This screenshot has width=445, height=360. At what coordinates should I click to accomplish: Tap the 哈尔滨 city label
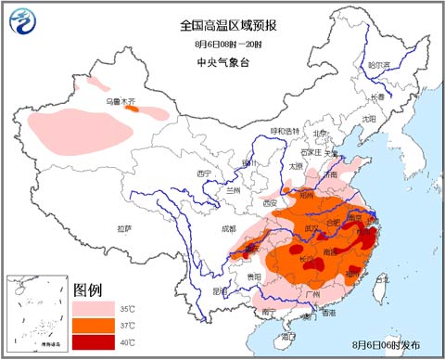point(380,65)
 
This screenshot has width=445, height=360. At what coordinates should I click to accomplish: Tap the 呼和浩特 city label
point(286,131)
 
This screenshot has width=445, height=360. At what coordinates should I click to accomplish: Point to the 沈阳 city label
point(370,119)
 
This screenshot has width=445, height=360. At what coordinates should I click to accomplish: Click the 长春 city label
point(377,96)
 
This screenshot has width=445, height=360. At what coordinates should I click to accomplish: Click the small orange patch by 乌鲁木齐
point(133,109)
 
